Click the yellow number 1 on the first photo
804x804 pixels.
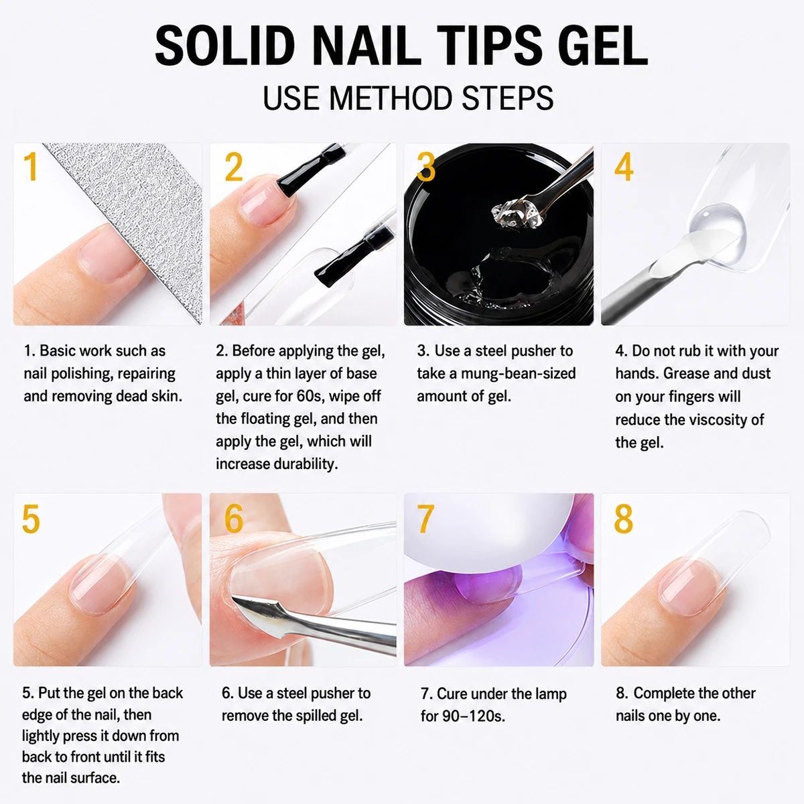31,166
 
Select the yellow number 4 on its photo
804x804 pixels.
624,166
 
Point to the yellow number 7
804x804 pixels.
425,518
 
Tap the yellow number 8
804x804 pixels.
624,518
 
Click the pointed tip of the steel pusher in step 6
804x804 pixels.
233,598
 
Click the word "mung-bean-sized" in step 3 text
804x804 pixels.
518,373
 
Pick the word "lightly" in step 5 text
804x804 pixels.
40,736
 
